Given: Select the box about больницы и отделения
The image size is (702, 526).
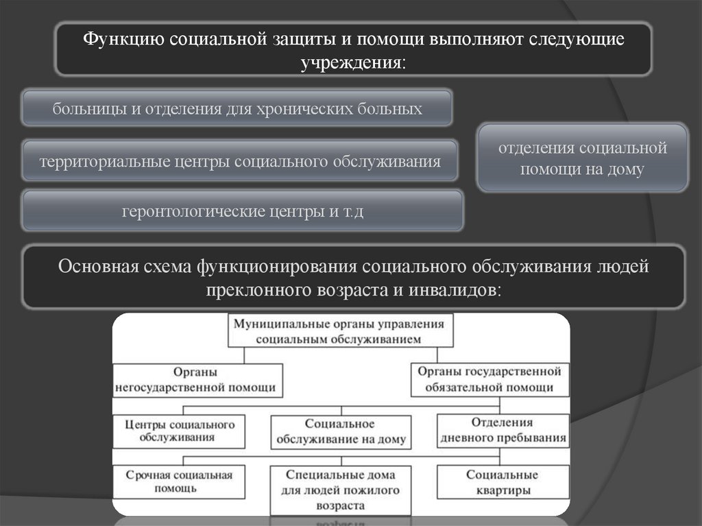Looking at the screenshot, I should coord(237,108).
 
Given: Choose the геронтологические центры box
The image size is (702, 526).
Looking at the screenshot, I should coord(243,211).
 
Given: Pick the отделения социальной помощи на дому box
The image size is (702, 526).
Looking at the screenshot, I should coord(582,158).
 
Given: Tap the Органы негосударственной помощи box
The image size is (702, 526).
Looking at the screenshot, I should coord(198,379).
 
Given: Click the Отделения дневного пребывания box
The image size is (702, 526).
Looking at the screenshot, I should coord(503,430).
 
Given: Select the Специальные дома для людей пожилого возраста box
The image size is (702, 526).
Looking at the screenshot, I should coord(340,490).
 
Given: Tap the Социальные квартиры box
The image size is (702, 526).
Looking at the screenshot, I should coord(503,482).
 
